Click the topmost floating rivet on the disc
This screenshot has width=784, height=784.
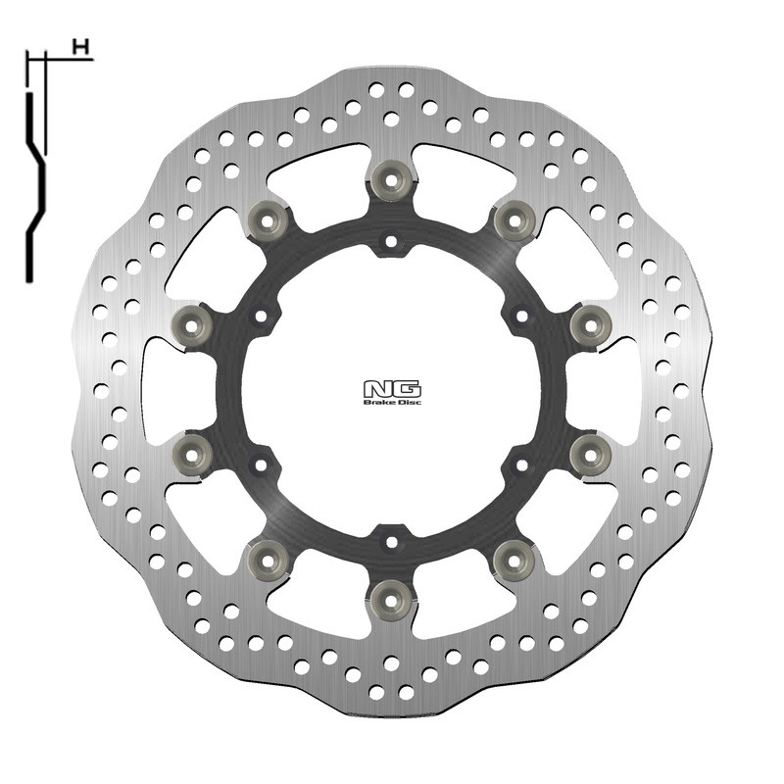[390, 180]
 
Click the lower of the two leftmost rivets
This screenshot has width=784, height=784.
[193, 452]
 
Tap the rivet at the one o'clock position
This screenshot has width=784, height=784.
[513, 219]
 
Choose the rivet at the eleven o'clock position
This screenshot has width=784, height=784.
[269, 218]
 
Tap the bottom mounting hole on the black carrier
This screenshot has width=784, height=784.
[390, 539]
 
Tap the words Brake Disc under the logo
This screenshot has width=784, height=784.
[392, 401]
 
